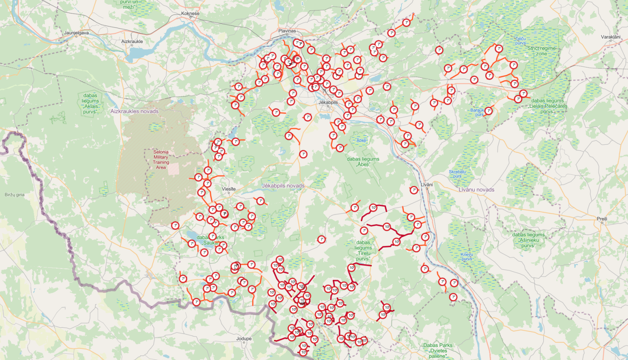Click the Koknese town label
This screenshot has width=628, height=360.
pos(190,13)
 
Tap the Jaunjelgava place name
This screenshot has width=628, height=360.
pos(76,33)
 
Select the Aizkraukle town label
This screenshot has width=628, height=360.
pos(132,41)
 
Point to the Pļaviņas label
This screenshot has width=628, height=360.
pos(287,31)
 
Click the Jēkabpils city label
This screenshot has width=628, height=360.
pos(328,102)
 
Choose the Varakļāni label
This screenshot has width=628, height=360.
pos(610,37)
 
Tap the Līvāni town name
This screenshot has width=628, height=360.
pos(427,185)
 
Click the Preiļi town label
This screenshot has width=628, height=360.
pos(602,219)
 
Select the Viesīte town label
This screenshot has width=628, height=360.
pos(229,189)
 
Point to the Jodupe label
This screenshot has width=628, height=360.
pos(244,339)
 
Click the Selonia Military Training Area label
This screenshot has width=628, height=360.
pos(161,159)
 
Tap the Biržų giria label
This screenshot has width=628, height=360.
pos(15,195)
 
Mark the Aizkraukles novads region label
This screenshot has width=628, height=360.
pos(134,111)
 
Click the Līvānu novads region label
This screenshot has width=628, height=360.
pos(476,190)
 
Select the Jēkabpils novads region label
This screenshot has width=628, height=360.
pos(283,185)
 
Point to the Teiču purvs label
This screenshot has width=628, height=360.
pos(520,41)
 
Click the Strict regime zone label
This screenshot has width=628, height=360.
pos(541,51)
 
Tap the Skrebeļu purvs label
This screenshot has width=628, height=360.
pos(457,174)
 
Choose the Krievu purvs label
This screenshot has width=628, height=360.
pos(467,257)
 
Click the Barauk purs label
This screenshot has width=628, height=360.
pos(477,112)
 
